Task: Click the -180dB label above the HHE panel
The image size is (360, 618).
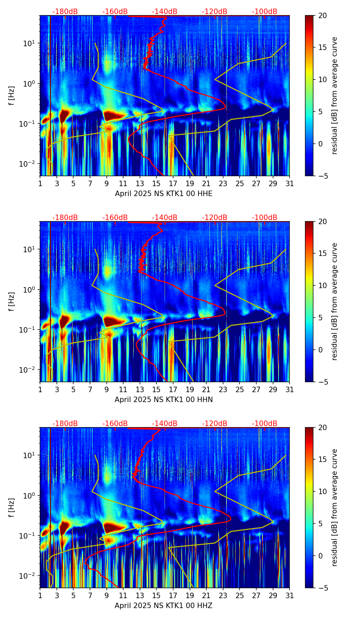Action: [x=65, y=12]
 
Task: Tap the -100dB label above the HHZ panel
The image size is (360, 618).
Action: [x=265, y=424]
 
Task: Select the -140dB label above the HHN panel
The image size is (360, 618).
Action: [x=165, y=218]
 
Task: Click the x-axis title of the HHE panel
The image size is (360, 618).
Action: [x=164, y=194]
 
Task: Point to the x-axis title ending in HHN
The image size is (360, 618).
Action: [x=164, y=400]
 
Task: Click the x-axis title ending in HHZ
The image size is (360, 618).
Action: [x=164, y=606]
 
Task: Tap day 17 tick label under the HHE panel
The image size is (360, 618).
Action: [x=173, y=184]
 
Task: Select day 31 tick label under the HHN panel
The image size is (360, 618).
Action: [x=290, y=390]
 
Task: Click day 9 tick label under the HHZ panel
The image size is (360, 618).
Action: [x=106, y=596]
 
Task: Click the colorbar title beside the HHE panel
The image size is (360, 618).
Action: [x=335, y=96]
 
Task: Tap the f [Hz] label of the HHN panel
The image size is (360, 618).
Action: [x=12, y=302]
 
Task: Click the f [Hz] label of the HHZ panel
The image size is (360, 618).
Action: [x=12, y=508]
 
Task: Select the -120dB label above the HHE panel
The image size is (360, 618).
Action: [x=215, y=12]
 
